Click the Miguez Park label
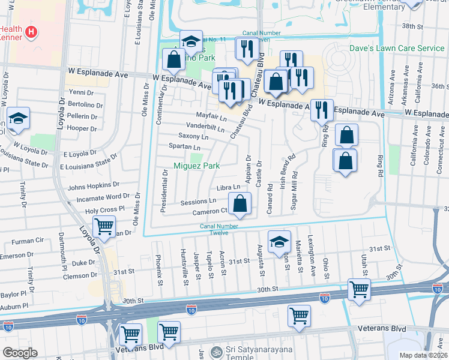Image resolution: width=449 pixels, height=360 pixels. [x=196, y=166]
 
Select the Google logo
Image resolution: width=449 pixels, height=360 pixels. [x=20, y=352]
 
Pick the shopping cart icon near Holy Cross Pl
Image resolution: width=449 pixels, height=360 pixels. [x=104, y=227]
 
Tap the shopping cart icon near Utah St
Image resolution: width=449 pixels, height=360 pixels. [x=359, y=290]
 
